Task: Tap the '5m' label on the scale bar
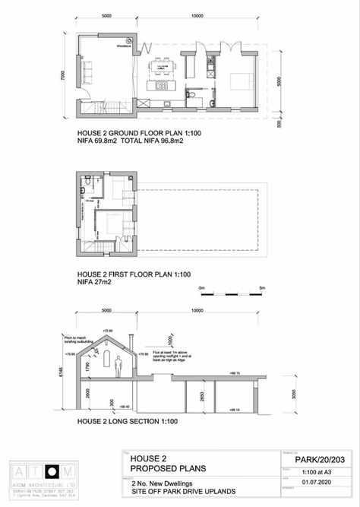tap(261, 288)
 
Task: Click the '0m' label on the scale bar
tap(201, 288)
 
